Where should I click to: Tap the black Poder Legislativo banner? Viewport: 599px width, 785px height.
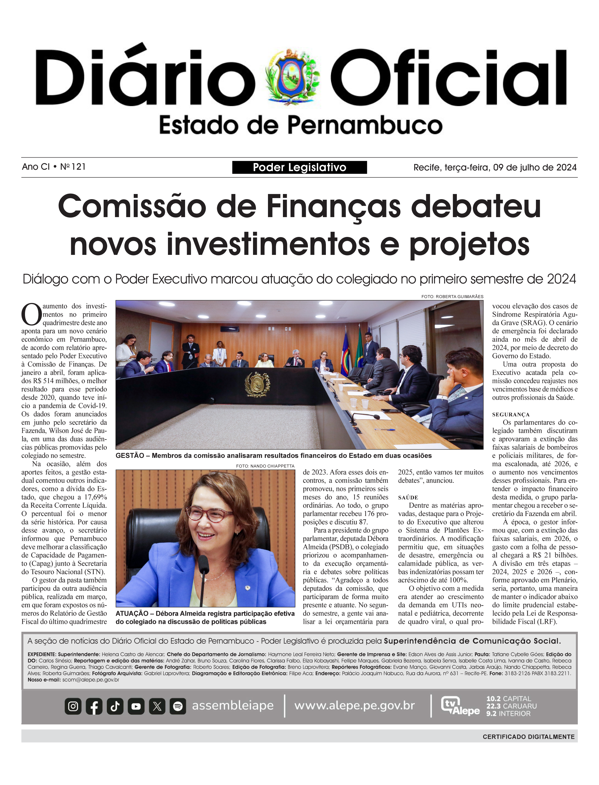click(299, 167)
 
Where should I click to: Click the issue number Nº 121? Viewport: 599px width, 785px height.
click(73, 167)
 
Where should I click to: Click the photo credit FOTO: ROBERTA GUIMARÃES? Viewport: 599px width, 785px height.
click(452, 297)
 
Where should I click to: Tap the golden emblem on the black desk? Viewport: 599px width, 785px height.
click(257, 384)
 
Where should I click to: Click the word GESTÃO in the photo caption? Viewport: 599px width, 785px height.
click(130, 456)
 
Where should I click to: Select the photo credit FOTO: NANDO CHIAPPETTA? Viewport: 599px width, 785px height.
click(265, 466)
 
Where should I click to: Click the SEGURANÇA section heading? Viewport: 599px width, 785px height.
click(511, 415)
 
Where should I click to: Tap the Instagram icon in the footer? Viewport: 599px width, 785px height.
click(73, 706)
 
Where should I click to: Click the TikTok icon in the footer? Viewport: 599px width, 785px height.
click(115, 706)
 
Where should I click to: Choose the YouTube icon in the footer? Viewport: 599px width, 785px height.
click(136, 706)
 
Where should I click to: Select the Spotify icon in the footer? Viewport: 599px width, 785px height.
click(178, 706)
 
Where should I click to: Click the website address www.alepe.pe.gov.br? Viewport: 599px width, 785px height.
click(354, 706)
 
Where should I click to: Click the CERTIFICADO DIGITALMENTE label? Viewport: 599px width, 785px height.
click(528, 737)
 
